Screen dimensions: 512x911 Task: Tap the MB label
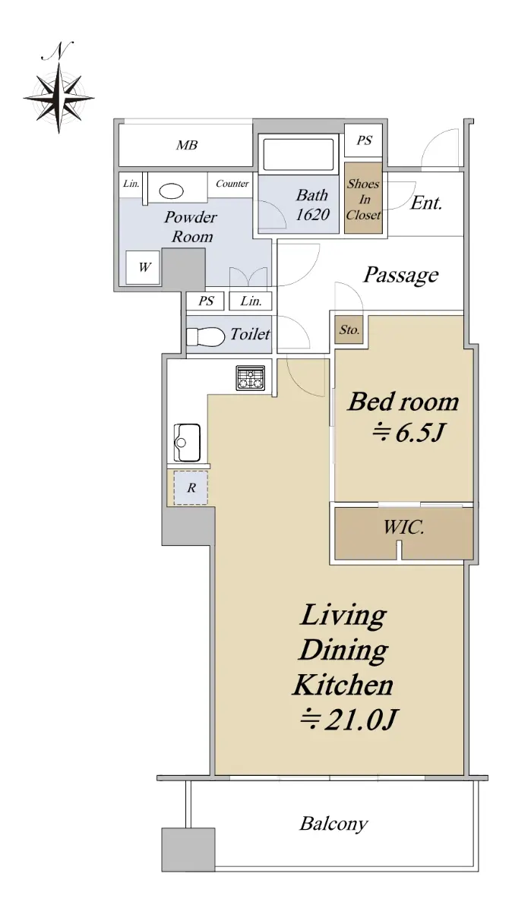187,145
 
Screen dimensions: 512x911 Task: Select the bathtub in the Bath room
299,154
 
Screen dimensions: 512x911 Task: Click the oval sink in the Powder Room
171,191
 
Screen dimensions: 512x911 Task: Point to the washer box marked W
143,267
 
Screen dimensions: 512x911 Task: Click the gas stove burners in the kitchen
250,378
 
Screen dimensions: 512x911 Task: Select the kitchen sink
187,443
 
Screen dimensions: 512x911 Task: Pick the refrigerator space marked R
191,487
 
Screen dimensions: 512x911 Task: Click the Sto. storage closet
349,329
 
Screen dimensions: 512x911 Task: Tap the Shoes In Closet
363,198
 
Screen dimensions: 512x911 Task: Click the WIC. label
403,528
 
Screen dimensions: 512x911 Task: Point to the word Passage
401,275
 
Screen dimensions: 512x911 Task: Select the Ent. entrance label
426,203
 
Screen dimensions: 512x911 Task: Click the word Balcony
333,824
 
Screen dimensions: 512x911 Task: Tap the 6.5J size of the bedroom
408,432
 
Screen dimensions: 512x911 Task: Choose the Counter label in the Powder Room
232,184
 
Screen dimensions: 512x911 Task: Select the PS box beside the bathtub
365,140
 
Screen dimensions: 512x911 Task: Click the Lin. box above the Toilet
251,301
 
